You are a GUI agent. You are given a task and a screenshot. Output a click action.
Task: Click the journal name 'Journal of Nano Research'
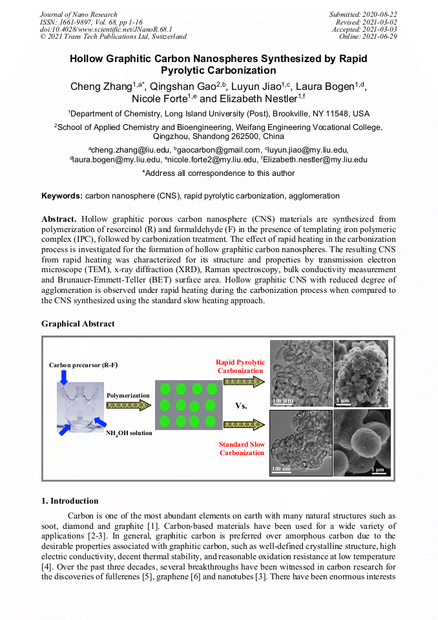pos(78,14)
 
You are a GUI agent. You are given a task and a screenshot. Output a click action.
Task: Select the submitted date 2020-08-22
pos(381,14)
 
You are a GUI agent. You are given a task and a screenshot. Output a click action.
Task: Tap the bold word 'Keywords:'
pos(62,195)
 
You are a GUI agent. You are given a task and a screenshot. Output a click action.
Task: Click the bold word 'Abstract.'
pos(59,219)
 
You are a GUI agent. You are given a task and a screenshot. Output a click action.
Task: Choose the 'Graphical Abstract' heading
pos(78,323)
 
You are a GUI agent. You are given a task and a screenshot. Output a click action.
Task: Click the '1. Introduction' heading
pos(70,500)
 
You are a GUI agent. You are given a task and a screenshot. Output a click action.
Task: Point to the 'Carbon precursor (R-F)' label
pos(83,365)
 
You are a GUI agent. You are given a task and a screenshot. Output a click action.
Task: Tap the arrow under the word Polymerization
pos(128,405)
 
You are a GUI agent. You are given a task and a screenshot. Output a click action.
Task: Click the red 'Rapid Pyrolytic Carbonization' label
pos(240,367)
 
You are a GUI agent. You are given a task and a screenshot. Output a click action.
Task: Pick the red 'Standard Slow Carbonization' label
pos(242,449)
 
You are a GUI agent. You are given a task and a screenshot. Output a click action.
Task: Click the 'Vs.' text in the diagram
pos(241,406)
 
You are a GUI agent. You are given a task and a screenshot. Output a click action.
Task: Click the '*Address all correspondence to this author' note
pos(218,173)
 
